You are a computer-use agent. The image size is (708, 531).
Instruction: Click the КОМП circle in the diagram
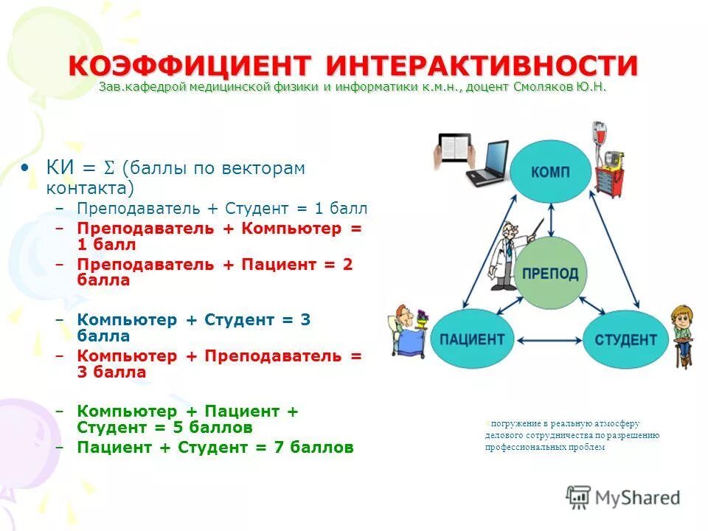[551, 172]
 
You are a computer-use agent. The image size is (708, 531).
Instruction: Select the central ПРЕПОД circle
[550, 274]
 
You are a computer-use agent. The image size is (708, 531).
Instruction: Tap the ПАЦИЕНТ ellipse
[472, 339]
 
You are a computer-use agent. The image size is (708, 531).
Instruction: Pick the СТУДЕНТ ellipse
[625, 339]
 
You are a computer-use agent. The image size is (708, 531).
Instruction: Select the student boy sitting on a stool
[682, 336]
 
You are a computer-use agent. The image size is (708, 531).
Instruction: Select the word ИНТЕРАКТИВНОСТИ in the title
[483, 66]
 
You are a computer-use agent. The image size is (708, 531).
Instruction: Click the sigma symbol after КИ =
[109, 169]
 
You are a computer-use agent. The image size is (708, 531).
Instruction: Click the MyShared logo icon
[579, 497]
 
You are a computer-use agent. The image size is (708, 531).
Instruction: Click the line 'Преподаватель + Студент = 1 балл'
[222, 208]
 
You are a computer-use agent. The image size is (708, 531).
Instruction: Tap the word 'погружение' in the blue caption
[513, 424]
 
